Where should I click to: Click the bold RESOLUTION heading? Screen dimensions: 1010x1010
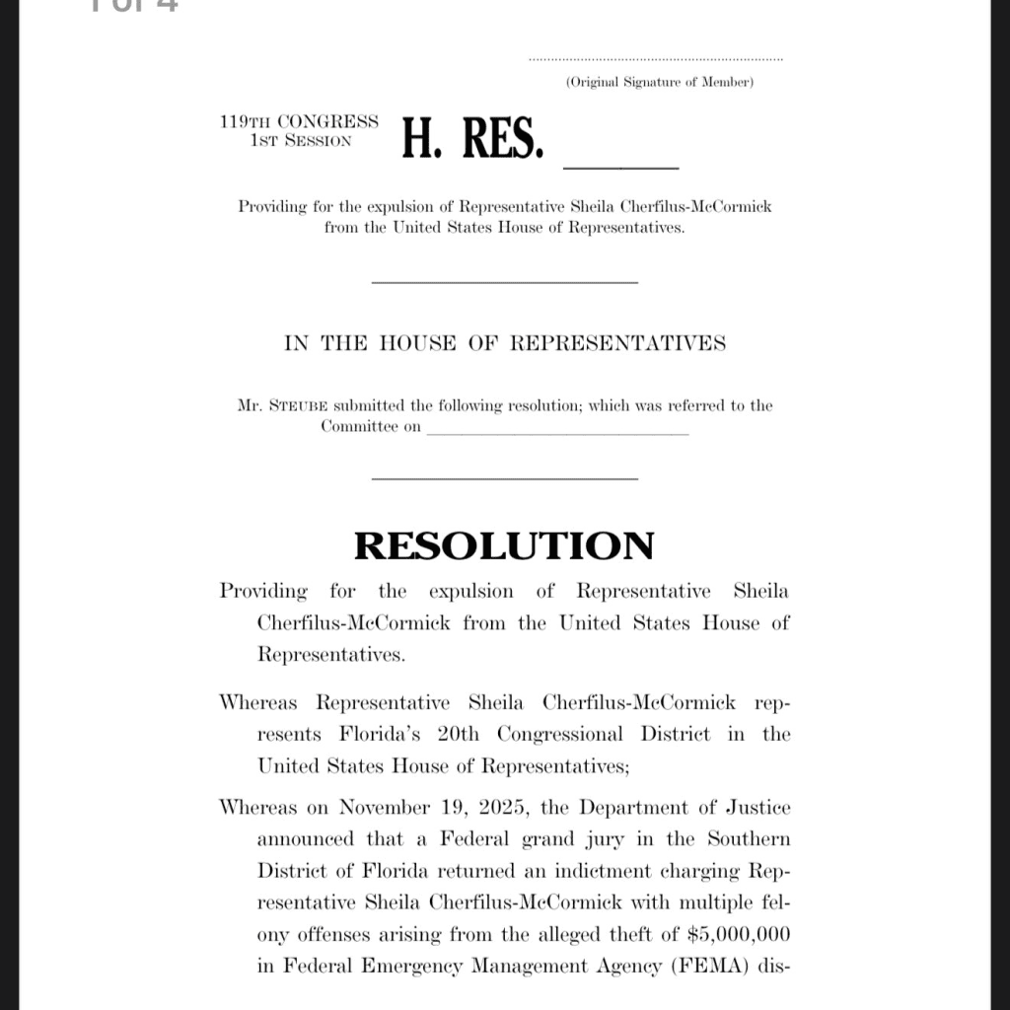click(504, 545)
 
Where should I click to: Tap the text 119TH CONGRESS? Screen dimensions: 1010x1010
click(299, 122)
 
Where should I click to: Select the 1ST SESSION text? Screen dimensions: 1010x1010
click(301, 141)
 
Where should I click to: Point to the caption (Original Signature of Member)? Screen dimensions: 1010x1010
click(659, 82)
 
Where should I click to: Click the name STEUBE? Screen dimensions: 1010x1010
click(300, 406)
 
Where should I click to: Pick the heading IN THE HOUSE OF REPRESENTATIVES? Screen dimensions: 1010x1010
click(504, 343)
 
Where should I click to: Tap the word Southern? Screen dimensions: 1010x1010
click(747, 839)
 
